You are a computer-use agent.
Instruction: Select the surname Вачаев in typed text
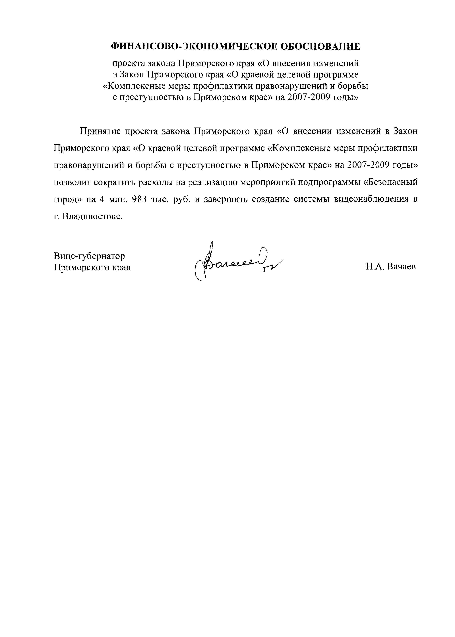pos(401,267)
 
